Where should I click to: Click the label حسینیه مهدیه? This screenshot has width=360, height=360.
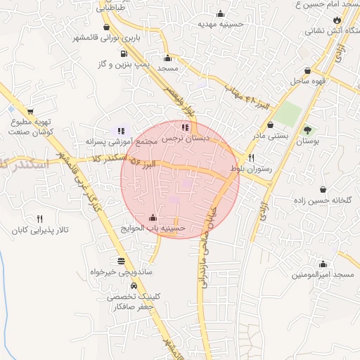(220, 24)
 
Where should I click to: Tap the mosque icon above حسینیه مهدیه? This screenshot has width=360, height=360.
(220, 13)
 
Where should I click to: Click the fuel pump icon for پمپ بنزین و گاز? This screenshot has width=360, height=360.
(124, 53)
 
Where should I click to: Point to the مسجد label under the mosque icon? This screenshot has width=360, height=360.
(167, 68)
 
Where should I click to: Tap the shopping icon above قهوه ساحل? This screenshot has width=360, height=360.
(308, 70)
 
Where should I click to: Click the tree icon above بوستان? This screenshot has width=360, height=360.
(307, 130)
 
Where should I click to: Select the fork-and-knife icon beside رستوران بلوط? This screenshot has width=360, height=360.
(251, 158)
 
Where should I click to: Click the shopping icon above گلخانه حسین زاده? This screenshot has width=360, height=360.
(323, 189)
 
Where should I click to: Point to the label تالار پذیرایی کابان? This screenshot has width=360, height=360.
(39, 230)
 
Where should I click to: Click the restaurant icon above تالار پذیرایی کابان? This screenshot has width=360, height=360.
(39, 219)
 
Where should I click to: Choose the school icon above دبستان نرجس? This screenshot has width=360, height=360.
(185, 128)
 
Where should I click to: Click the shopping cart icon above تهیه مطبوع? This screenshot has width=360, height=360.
(30, 112)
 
